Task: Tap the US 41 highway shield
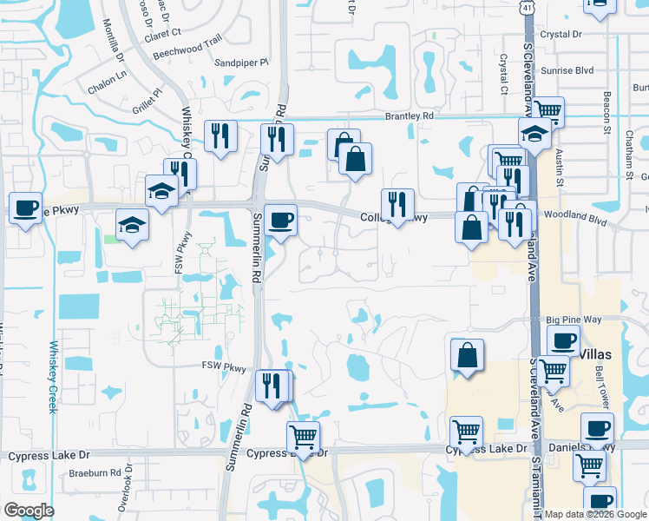tap(528, 8)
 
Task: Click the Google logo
tap(29, 511)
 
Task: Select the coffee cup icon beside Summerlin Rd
tap(279, 218)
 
